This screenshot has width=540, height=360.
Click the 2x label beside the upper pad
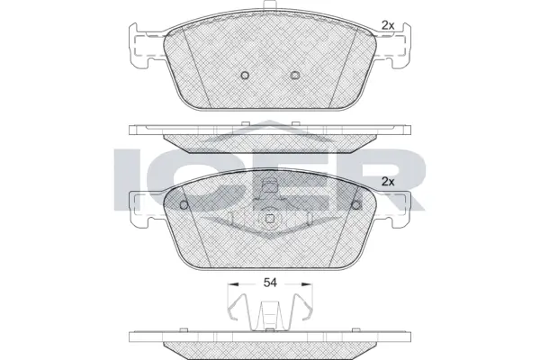point(388,24)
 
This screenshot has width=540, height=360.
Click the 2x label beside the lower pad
point(388,182)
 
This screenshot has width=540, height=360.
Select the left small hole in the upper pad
point(244,76)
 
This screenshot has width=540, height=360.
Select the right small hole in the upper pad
point(295,76)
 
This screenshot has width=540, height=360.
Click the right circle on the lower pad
point(356,204)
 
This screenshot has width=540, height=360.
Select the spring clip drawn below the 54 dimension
point(269,314)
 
